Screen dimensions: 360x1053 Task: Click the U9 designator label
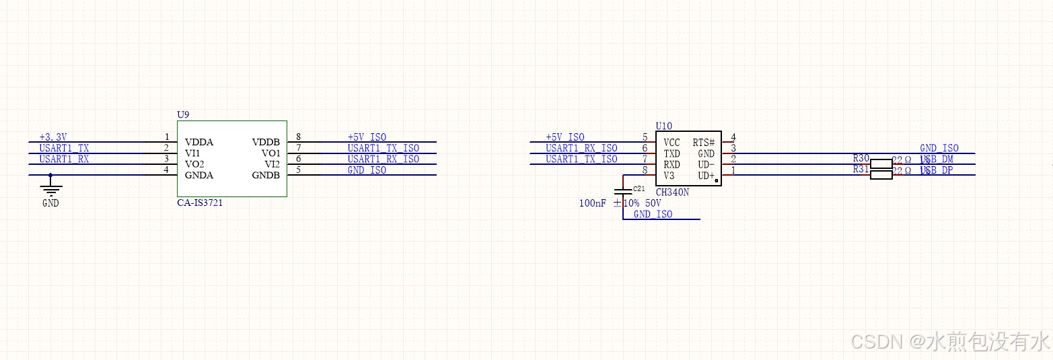click(183, 115)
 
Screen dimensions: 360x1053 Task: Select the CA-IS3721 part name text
click(200, 203)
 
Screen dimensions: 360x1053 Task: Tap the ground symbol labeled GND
click(50, 187)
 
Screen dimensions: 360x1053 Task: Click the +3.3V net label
click(53, 137)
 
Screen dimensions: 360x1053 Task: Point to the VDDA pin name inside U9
click(199, 142)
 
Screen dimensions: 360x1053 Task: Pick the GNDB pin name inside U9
click(266, 175)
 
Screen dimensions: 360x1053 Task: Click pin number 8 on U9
click(298, 137)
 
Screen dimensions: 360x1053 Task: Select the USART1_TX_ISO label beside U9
click(383, 148)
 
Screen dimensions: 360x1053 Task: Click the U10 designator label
click(663, 126)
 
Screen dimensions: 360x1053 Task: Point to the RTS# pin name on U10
click(703, 143)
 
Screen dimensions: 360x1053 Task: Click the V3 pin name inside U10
click(669, 175)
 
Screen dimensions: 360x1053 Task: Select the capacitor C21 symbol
click(623, 192)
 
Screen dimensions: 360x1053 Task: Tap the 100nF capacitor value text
click(593, 203)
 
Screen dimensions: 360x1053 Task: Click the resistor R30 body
click(881, 164)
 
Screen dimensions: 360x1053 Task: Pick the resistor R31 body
click(881, 175)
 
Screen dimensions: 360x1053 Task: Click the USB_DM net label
click(937, 159)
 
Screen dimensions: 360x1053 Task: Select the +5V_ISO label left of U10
click(565, 137)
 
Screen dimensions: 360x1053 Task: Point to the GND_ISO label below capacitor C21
click(653, 214)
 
